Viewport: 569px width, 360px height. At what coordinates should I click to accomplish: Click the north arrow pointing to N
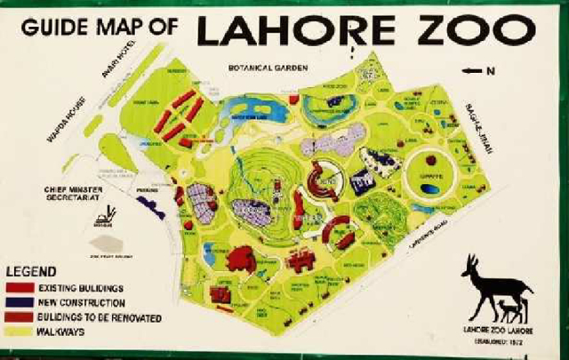(x=472, y=69)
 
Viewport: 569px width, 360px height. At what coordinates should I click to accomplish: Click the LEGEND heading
(x=31, y=272)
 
